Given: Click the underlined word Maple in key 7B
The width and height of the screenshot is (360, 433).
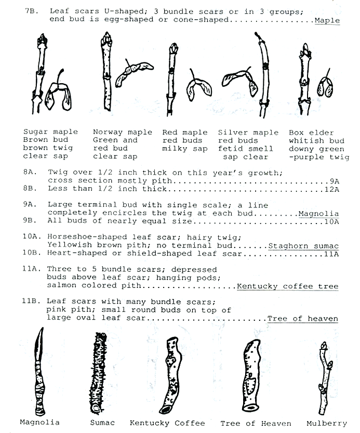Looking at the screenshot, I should (x=327, y=21).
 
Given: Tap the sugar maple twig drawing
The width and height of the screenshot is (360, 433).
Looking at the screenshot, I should (x=40, y=73).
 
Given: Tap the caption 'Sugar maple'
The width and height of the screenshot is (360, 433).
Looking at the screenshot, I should (x=51, y=132).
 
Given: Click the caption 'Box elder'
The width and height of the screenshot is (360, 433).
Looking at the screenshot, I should (x=311, y=132).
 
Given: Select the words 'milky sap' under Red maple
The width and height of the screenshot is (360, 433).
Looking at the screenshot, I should (x=182, y=149).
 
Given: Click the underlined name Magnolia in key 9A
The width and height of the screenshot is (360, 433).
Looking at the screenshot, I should (x=318, y=214).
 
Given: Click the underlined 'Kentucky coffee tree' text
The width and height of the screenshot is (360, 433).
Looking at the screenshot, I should (x=287, y=286).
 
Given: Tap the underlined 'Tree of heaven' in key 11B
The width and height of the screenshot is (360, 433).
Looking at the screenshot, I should (x=302, y=319).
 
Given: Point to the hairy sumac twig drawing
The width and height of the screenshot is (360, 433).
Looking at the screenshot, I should (x=98, y=372).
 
